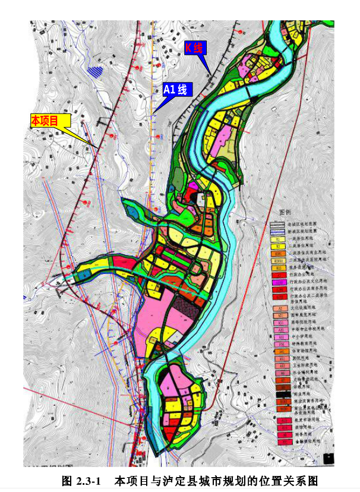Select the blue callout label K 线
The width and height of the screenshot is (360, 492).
click(x=195, y=48)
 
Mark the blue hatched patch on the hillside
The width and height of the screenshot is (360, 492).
click(x=94, y=71)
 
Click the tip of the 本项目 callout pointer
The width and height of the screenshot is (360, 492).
click(x=97, y=147)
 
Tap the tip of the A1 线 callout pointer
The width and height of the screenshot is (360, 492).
click(x=153, y=112)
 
